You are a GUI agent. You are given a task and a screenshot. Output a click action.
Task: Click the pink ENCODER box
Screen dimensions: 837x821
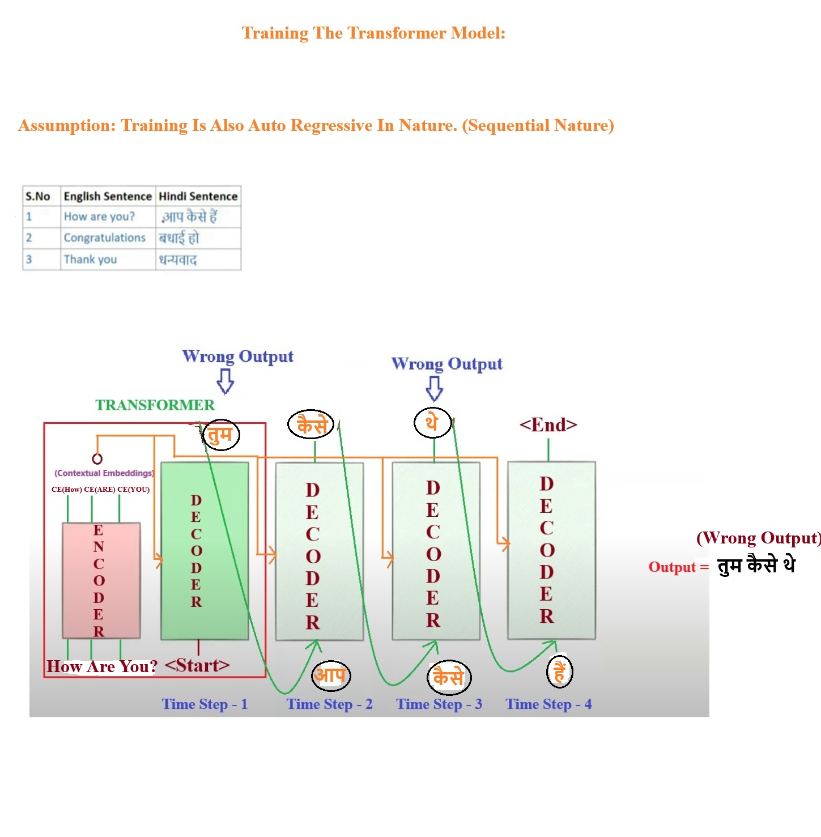click(101, 580)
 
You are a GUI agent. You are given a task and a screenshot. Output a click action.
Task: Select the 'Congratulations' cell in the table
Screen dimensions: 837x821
click(105, 238)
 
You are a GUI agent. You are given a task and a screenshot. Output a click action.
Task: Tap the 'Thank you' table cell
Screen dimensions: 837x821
click(91, 260)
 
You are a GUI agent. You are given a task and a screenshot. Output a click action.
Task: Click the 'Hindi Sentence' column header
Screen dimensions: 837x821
click(198, 196)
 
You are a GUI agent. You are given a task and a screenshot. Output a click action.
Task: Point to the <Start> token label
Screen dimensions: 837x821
click(197, 665)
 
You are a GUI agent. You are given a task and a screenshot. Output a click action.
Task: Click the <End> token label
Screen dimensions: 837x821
click(548, 425)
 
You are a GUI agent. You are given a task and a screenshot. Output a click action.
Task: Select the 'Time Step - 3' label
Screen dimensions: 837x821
click(439, 704)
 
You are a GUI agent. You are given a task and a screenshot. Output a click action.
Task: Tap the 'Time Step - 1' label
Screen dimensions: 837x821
click(205, 704)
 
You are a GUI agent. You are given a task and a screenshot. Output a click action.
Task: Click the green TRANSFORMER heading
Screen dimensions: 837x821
click(155, 405)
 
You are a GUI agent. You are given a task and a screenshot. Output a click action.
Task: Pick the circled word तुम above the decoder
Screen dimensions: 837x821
click(220, 435)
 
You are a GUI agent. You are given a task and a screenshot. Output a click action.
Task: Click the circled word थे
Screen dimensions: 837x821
click(432, 422)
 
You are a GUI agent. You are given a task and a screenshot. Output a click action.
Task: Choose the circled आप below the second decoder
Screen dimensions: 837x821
click(331, 675)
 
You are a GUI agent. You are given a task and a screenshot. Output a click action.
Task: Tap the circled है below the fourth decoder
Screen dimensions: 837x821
click(560, 672)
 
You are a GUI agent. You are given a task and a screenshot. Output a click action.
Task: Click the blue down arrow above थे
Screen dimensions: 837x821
click(434, 388)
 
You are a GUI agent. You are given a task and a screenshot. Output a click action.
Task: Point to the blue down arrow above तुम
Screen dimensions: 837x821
click(226, 381)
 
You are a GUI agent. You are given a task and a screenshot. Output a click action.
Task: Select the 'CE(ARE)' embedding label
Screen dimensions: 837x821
click(100, 490)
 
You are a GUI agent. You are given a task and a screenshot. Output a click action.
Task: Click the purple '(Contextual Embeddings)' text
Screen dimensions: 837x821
click(104, 473)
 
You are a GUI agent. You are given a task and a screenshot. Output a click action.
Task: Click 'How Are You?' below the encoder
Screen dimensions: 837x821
click(102, 666)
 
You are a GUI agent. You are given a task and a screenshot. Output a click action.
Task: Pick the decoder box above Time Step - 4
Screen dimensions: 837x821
click(551, 550)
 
